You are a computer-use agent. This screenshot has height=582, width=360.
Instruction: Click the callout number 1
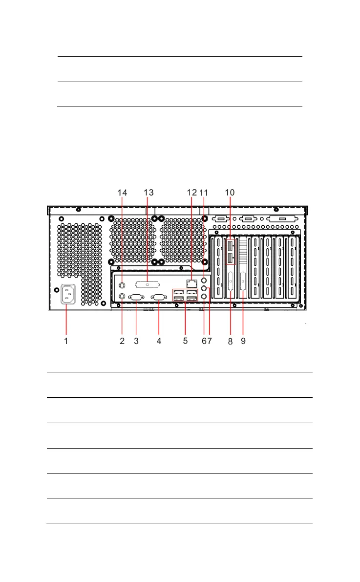click(x=66, y=342)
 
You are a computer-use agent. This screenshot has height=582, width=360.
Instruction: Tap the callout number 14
click(x=123, y=193)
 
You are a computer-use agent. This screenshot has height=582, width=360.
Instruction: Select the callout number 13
click(x=148, y=193)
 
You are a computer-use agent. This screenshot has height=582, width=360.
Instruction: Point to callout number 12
click(x=192, y=193)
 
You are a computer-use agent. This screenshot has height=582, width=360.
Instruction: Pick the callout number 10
click(x=230, y=193)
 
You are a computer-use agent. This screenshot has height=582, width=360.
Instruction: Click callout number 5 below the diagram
click(x=185, y=341)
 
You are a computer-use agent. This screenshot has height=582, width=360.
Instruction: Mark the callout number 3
click(x=136, y=342)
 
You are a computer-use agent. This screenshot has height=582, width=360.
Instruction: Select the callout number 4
click(x=159, y=342)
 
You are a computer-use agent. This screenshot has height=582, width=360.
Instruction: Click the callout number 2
click(x=123, y=342)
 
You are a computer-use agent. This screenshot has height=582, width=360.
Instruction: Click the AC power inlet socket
click(x=68, y=295)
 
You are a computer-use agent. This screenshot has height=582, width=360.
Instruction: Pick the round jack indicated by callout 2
click(x=123, y=296)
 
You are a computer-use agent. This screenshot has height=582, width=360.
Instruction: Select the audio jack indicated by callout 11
click(x=205, y=280)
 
